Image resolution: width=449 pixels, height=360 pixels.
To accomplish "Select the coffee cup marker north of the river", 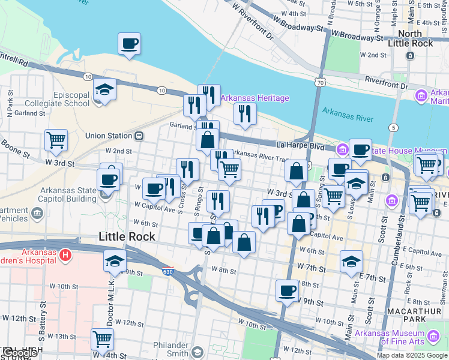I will pyautogui.click(x=129, y=44).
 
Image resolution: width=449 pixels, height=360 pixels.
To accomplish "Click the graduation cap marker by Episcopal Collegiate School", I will pyautogui.click(x=104, y=91).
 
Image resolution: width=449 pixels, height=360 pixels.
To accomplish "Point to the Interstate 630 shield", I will pyautogui.click(x=167, y=272).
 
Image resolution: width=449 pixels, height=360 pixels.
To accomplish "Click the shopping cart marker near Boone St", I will pyautogui.click(x=56, y=140).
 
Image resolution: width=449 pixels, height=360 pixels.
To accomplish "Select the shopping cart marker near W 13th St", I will pyautogui.click(x=102, y=339).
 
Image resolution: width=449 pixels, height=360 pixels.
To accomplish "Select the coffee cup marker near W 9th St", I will pyautogui.click(x=286, y=291).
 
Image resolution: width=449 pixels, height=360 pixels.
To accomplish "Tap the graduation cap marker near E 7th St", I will pyautogui.click(x=351, y=261).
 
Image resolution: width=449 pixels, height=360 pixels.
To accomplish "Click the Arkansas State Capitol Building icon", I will pyautogui.click(x=104, y=194).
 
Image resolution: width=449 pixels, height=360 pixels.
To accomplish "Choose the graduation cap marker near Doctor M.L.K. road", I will pyautogui.click(x=114, y=261).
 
